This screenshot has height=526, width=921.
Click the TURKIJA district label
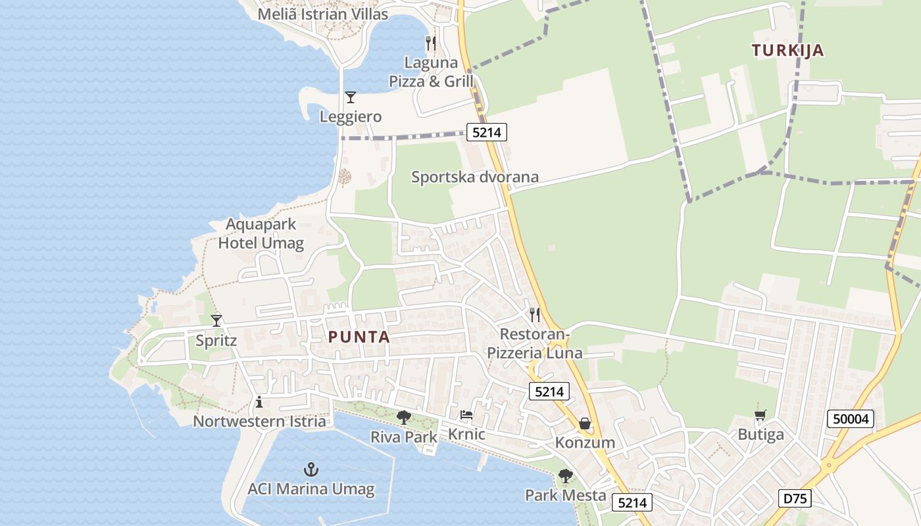(787, 51)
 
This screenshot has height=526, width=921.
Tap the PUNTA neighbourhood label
(359, 337)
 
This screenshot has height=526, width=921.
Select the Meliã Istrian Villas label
(322, 14)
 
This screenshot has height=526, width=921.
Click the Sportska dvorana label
(475, 177)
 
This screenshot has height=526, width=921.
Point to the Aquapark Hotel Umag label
(261, 233)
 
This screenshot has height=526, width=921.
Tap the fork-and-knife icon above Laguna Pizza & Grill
(431, 43)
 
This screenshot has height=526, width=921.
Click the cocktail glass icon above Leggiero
(351, 97)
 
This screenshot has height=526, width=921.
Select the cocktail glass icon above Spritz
(216, 321)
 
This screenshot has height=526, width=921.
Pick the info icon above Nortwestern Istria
(259, 402)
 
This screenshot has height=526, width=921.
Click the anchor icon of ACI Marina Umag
(311, 469)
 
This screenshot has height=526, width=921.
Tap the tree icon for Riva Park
(404, 417)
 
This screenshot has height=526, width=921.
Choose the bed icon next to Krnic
(466, 415)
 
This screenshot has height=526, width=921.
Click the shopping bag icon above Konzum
(584, 423)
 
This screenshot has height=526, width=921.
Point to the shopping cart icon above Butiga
(760, 415)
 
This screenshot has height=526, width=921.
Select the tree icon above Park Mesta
(565, 475)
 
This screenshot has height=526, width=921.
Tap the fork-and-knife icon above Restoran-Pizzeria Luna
(535, 315)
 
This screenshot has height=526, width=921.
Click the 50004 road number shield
(851, 419)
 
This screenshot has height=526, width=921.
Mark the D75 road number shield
(795, 498)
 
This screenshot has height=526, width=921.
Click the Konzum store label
(585, 442)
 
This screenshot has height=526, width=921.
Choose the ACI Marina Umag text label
(311, 489)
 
